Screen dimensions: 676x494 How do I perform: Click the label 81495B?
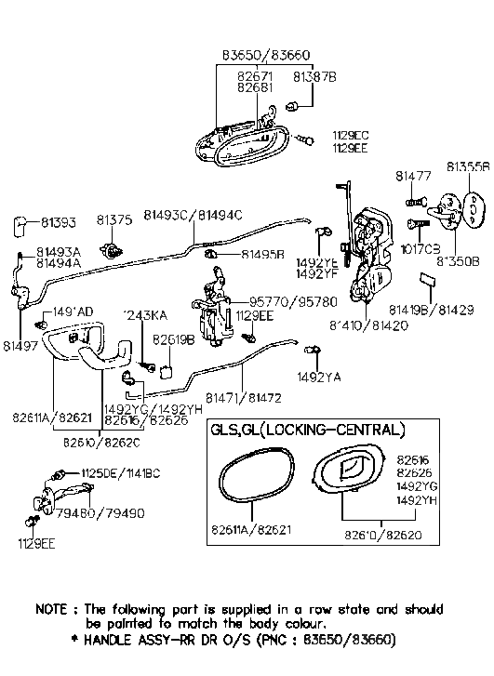pos(262,254)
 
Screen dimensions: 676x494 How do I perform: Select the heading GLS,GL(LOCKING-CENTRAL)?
pos(308,431)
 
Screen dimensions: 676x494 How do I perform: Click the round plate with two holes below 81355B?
pos(474,209)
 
